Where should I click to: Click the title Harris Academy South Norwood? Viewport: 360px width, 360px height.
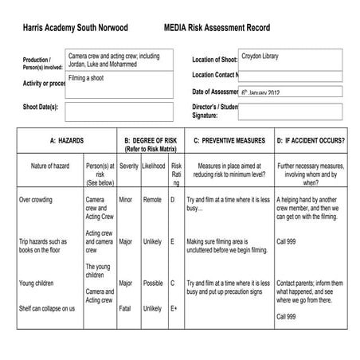[75, 28]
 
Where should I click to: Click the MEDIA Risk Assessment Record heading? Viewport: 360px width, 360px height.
[217, 28]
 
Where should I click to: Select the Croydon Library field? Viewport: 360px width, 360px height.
[291, 59]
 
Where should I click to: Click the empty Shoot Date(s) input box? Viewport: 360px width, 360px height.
[119, 108]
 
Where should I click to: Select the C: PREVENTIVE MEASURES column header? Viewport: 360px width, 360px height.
[229, 140]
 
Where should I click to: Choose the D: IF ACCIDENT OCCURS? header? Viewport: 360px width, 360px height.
[310, 140]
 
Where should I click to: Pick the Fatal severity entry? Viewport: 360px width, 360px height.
[126, 308]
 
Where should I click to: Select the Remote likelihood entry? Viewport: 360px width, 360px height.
[152, 200]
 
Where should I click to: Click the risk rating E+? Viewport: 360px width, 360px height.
[174, 308]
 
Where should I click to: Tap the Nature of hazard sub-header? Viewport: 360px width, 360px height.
[51, 167]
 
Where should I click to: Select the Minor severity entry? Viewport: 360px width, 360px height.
[126, 200]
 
